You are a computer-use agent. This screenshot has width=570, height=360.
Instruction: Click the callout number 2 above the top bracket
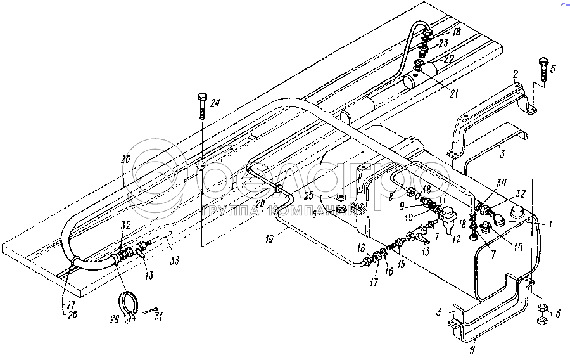tap(516, 75)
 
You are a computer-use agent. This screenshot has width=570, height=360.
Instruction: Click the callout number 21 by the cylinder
tap(453, 94)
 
